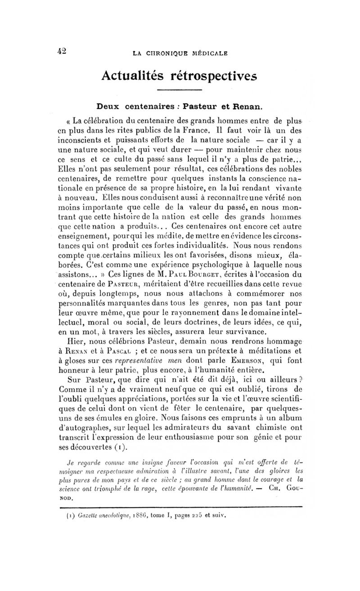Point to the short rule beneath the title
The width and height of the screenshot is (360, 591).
180,91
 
